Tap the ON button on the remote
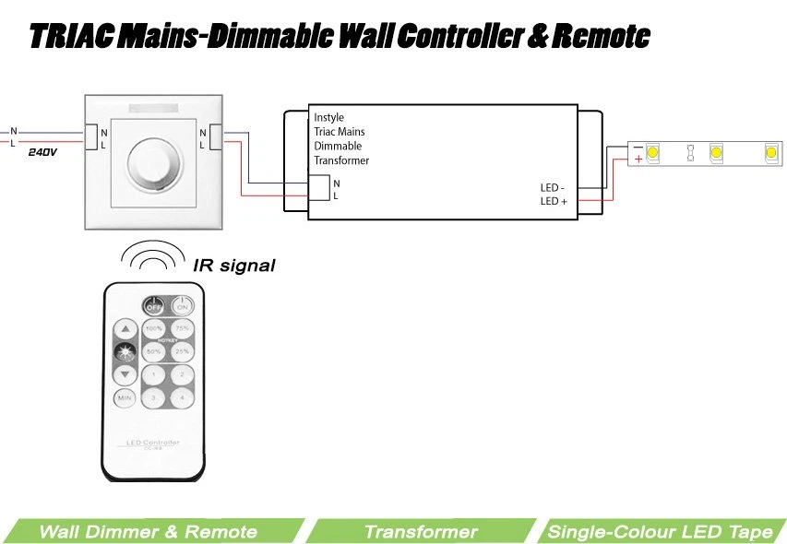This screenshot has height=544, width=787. point(184,306)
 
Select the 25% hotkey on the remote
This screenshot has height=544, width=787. point(183,351)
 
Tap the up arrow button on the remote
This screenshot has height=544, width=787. point(125,329)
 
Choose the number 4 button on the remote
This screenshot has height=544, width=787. point(183,397)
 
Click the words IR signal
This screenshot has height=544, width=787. point(234,266)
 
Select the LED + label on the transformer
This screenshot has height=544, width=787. point(554,200)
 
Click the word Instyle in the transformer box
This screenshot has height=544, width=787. point(328,117)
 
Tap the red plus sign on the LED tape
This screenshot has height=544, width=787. point(638,159)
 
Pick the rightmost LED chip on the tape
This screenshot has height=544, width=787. point(769,151)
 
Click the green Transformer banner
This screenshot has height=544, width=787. point(421,531)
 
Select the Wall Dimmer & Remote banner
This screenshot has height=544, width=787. point(148,531)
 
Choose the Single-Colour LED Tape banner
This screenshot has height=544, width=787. point(660,531)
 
